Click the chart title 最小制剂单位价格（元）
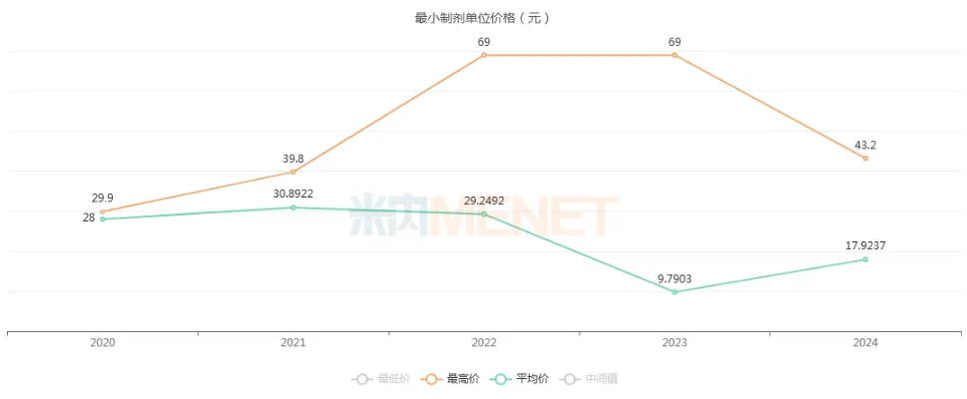483,18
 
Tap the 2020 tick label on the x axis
102,343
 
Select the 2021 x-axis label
292,343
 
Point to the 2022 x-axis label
484,343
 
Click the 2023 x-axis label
675,343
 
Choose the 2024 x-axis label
865,343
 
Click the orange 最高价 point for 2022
484,55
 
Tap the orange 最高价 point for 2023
675,55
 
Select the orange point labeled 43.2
865,158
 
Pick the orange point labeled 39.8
292,172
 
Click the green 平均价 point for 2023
675,291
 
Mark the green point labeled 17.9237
865,259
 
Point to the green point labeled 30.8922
292,207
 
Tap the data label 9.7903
675,278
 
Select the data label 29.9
102,199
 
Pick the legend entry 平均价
516,379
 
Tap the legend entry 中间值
591,379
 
